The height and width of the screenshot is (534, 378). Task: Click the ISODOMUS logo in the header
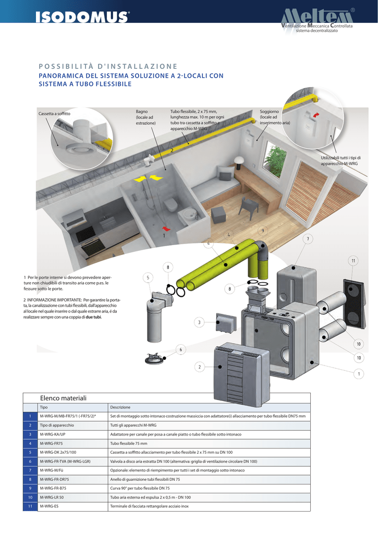(x=82, y=17)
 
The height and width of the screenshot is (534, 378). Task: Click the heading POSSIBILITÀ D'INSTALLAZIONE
(x=108, y=66)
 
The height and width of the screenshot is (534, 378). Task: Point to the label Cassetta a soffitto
(x=55, y=114)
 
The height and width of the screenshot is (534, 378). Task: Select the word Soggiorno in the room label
(x=269, y=112)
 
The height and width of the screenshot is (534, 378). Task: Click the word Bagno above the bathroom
(x=142, y=112)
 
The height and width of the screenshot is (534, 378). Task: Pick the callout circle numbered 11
(x=353, y=260)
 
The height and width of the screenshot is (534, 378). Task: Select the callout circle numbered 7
(x=308, y=239)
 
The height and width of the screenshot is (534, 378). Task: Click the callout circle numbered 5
(x=148, y=278)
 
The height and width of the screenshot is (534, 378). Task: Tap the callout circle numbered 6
(x=180, y=349)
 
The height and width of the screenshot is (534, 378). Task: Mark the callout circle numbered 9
(x=263, y=230)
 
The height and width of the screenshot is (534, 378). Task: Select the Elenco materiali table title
(x=61, y=398)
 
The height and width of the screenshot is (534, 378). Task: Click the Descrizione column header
(x=120, y=407)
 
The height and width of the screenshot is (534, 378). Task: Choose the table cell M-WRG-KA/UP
(x=53, y=434)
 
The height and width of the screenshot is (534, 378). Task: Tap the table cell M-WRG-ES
(x=49, y=506)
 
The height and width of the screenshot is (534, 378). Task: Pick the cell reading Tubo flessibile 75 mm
(x=129, y=443)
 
